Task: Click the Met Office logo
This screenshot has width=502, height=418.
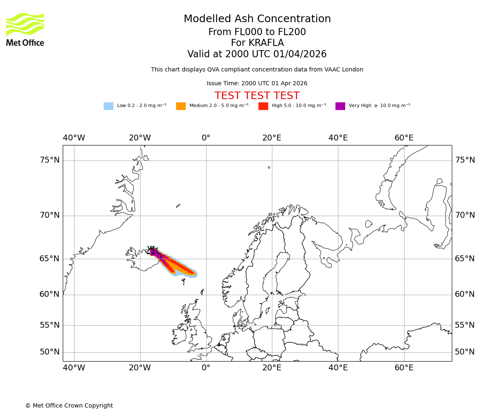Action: coord(25,29)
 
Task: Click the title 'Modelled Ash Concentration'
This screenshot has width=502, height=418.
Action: coord(257,19)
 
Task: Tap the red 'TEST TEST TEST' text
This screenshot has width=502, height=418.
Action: coord(257,96)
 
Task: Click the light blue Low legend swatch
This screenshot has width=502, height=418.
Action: coord(108,106)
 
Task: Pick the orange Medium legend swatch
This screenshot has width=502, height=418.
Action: coord(181,106)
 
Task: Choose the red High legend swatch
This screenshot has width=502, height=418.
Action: coord(263,106)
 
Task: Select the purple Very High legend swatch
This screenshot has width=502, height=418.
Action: coord(340,106)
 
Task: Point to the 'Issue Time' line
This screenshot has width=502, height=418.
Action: coord(257,84)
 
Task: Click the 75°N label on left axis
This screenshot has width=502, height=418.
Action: coord(49,160)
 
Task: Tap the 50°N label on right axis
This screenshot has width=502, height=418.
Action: coord(465,352)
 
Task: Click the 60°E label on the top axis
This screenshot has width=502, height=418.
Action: coord(404,138)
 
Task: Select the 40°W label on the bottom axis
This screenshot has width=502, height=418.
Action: coord(74,368)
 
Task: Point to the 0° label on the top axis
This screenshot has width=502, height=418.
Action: coord(206,138)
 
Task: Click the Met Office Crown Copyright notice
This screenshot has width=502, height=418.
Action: coord(69,406)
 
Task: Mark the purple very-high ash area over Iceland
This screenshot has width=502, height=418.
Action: coord(154,252)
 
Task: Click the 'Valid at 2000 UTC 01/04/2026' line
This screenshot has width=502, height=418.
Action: coord(257,54)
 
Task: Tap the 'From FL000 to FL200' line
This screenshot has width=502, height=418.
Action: coord(257,32)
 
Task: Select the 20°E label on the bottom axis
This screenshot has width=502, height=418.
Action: coord(272,368)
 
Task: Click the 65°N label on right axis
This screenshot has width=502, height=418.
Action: coord(465,259)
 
